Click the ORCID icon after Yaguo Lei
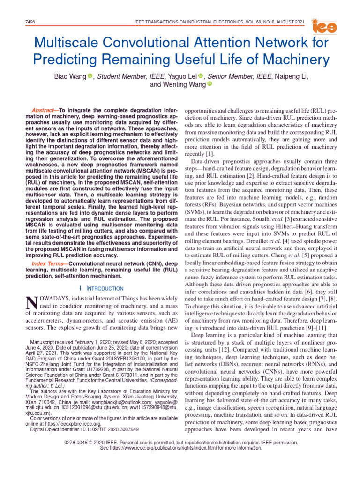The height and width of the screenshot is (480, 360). coord(201,75)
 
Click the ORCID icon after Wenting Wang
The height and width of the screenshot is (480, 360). coord(210,84)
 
